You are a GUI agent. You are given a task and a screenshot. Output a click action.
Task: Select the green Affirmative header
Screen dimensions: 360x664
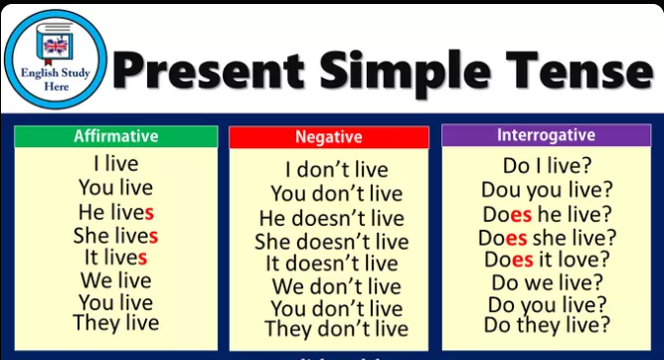click(115, 137)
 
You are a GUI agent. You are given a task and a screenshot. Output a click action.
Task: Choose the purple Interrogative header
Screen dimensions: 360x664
click(546, 135)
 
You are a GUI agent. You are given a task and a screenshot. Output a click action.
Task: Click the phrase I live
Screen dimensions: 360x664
click(115, 163)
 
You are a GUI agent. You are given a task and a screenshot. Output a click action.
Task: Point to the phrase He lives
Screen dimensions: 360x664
click(115, 212)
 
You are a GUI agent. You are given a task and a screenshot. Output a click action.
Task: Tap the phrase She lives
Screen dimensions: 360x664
click(115, 236)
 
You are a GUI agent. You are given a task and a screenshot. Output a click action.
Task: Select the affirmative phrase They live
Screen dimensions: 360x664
click(115, 322)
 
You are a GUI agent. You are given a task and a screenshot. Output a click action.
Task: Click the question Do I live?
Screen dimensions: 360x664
click(546, 165)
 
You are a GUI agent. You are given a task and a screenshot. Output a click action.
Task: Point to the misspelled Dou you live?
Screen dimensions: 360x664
click(547, 190)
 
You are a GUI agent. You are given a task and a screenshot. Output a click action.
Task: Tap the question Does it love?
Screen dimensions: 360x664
click(547, 260)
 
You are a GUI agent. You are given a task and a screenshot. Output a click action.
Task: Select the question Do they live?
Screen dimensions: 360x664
click(547, 324)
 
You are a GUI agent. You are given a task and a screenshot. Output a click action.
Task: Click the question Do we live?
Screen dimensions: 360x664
click(547, 282)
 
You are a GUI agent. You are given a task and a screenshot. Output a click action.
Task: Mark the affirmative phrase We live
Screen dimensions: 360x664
click(115, 279)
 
